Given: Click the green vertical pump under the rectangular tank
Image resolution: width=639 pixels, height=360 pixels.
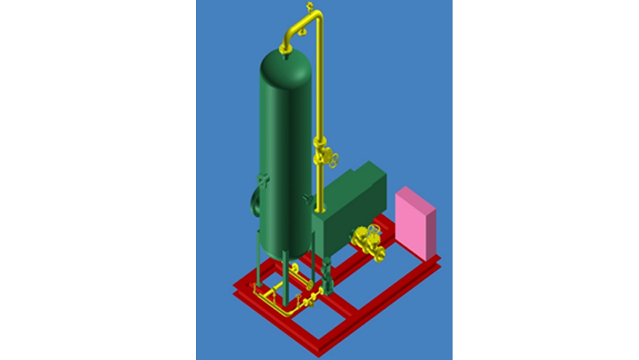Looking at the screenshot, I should point(327,280).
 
